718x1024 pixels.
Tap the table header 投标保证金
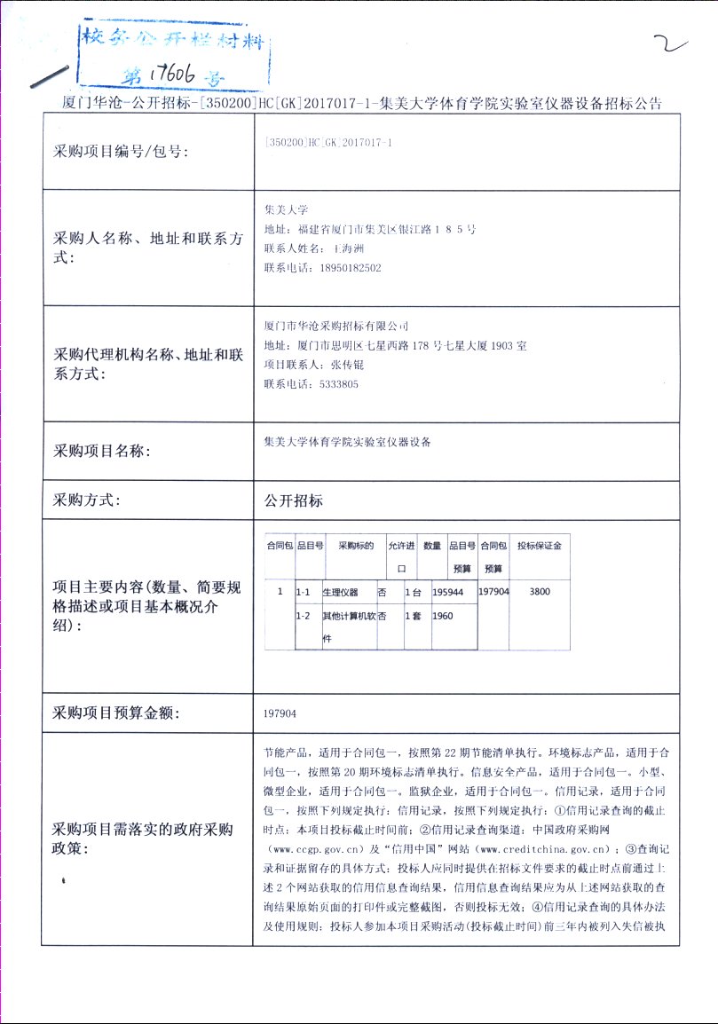click(540, 546)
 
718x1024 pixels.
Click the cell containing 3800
click(540, 591)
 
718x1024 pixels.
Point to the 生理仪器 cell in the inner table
click(340, 592)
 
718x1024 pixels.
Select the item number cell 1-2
click(303, 616)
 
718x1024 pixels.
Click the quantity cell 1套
click(413, 616)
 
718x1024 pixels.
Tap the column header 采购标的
click(356, 546)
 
